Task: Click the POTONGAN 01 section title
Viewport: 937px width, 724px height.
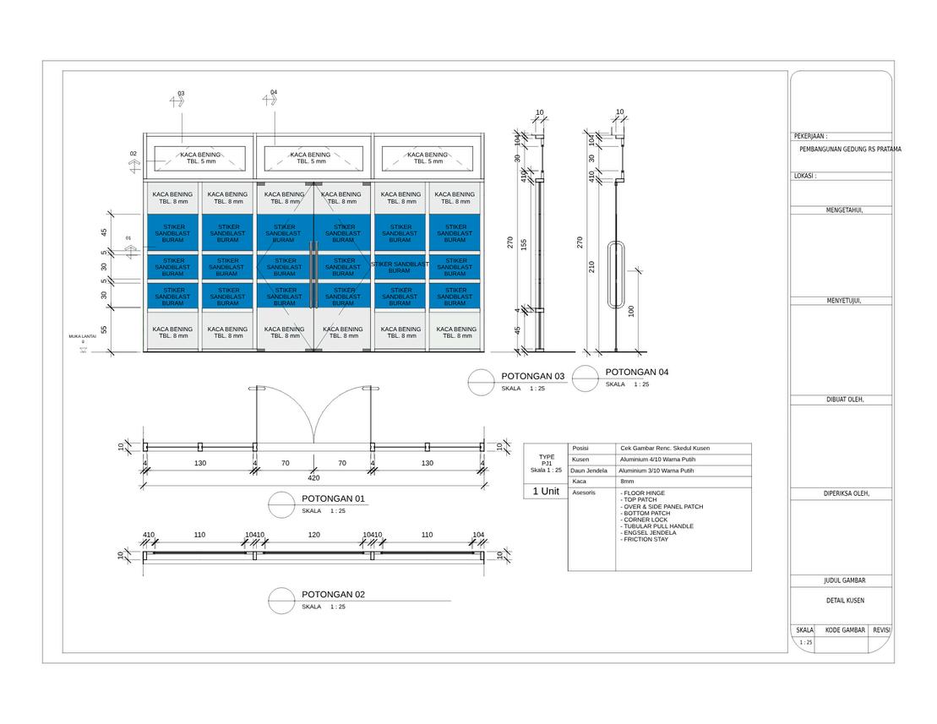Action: click(333, 498)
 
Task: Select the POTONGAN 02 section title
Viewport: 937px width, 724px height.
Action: click(333, 595)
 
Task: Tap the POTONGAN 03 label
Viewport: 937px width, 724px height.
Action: click(532, 376)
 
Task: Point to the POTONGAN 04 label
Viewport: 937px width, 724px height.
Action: click(637, 372)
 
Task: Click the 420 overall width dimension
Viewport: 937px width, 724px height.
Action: click(313, 478)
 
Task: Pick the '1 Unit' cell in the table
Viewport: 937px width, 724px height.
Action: click(545, 491)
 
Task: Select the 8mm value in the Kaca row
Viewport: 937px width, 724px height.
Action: click(627, 481)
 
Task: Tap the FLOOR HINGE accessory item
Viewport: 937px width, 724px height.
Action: click(644, 493)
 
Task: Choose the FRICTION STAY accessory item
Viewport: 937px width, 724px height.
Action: click(646, 539)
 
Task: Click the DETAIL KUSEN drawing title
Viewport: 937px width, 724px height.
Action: click(845, 601)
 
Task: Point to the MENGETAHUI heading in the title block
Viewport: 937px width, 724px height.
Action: click(844, 210)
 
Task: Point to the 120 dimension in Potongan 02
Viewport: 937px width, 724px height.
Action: click(313, 536)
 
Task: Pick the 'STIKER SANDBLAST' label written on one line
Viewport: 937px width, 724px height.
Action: click(400, 264)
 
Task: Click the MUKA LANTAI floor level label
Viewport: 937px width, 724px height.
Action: click(83, 336)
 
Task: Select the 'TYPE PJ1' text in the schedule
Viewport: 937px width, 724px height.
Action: click(546, 460)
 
